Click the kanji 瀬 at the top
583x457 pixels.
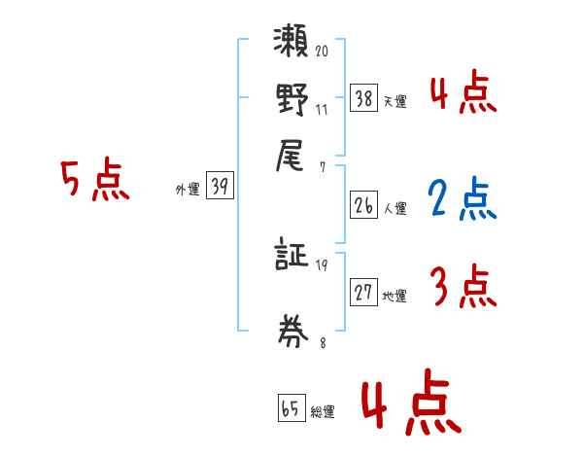(291, 46)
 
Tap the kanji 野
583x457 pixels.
(291, 101)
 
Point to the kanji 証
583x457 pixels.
(291, 257)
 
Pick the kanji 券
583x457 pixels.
(291, 328)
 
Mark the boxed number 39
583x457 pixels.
(220, 186)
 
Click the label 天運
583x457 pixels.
(395, 101)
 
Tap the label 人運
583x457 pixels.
(395, 208)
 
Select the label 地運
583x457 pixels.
(395, 297)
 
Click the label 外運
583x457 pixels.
(187, 190)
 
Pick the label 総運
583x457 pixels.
(323, 411)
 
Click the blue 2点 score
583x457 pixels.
(461, 198)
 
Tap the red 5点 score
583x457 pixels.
(95, 181)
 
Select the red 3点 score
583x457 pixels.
(462, 287)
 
